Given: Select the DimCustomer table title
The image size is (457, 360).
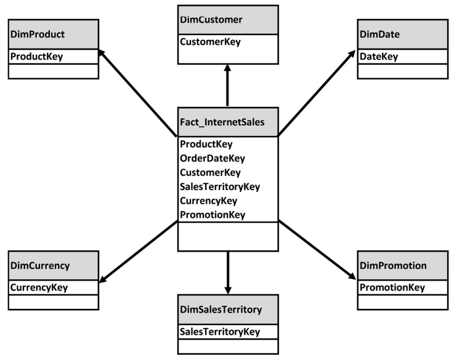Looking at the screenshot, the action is (x=211, y=20).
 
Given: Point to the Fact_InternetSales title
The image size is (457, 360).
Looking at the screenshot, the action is (x=222, y=122).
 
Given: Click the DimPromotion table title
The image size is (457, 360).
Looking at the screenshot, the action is (x=393, y=266).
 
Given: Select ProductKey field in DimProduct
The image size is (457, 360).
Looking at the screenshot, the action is (x=37, y=57).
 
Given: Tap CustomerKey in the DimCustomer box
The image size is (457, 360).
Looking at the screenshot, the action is (x=211, y=42).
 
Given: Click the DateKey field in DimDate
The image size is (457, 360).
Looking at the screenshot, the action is (x=379, y=57).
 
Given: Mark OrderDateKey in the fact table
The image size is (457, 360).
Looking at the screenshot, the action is (x=212, y=158).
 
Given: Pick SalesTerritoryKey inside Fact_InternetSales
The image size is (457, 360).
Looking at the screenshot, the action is (x=220, y=186).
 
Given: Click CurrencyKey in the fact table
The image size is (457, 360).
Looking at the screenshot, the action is (x=209, y=201).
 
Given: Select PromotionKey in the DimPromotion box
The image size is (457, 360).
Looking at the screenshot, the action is (x=392, y=288).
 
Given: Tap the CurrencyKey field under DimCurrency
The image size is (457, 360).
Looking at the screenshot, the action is (x=39, y=288).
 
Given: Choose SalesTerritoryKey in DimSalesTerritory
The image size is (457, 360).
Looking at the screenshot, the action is (x=220, y=332).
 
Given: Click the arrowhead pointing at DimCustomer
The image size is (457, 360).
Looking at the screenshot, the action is (x=228, y=68).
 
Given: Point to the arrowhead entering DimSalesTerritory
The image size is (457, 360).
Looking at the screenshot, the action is (x=228, y=290).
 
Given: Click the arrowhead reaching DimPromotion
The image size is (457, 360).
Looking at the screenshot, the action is (x=352, y=276).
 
